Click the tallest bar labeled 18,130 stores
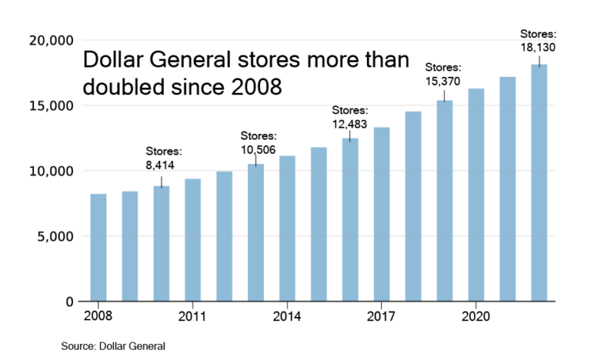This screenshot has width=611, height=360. pos(539,182)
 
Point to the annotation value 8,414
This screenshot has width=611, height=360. pos(159,166)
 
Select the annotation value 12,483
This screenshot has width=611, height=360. pos(349,124)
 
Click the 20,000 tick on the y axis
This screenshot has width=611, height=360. pos(51,40)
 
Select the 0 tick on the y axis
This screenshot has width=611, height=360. pos(70,302)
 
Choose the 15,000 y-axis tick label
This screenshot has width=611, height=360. pos(51,106)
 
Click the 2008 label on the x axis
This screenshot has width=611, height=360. pos(98,316)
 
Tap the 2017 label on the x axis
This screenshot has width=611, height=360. pos(381,316)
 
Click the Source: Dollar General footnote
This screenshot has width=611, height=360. pos(113,347)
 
